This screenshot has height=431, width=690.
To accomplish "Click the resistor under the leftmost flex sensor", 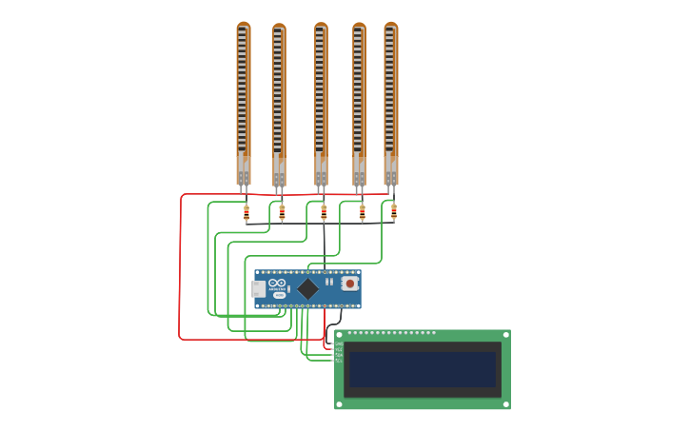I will coord(246,214).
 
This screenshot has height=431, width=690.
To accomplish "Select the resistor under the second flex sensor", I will coord(282,214).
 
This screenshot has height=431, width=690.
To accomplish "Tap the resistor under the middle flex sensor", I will coord(324,213).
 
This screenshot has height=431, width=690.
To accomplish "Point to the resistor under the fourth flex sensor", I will coord(362,214).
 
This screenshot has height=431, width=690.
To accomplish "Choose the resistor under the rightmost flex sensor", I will coord(394,213).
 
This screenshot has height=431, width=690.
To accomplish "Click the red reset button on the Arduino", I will coord(349,284).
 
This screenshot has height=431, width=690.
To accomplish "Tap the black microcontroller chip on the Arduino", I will coord(307,288).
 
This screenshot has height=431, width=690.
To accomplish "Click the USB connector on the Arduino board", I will coord(258,288).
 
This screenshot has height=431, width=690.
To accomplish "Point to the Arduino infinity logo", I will coord(277,284).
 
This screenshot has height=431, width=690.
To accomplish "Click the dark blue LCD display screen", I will coord(423,369).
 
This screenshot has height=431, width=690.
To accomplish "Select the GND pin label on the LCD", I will coord(339,344).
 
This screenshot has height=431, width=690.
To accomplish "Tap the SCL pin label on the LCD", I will coord(339,361).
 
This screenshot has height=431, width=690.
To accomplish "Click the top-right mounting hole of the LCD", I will coord(505,335).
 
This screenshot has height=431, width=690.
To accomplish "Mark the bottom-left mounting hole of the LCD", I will coord(340,404).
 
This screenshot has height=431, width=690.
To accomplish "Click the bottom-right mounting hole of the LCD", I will coord(505,404).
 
